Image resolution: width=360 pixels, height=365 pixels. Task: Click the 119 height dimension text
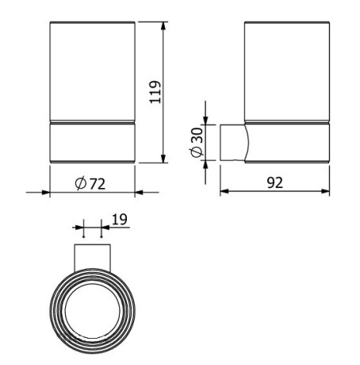coord(155,92)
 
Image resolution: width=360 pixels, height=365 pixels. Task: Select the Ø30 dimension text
coord(200,143)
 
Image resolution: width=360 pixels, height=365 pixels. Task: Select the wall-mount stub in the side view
coord(232,144)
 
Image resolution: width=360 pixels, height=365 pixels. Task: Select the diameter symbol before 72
coord(81,183)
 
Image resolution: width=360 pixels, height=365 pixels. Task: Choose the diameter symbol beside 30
coord(200,153)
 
